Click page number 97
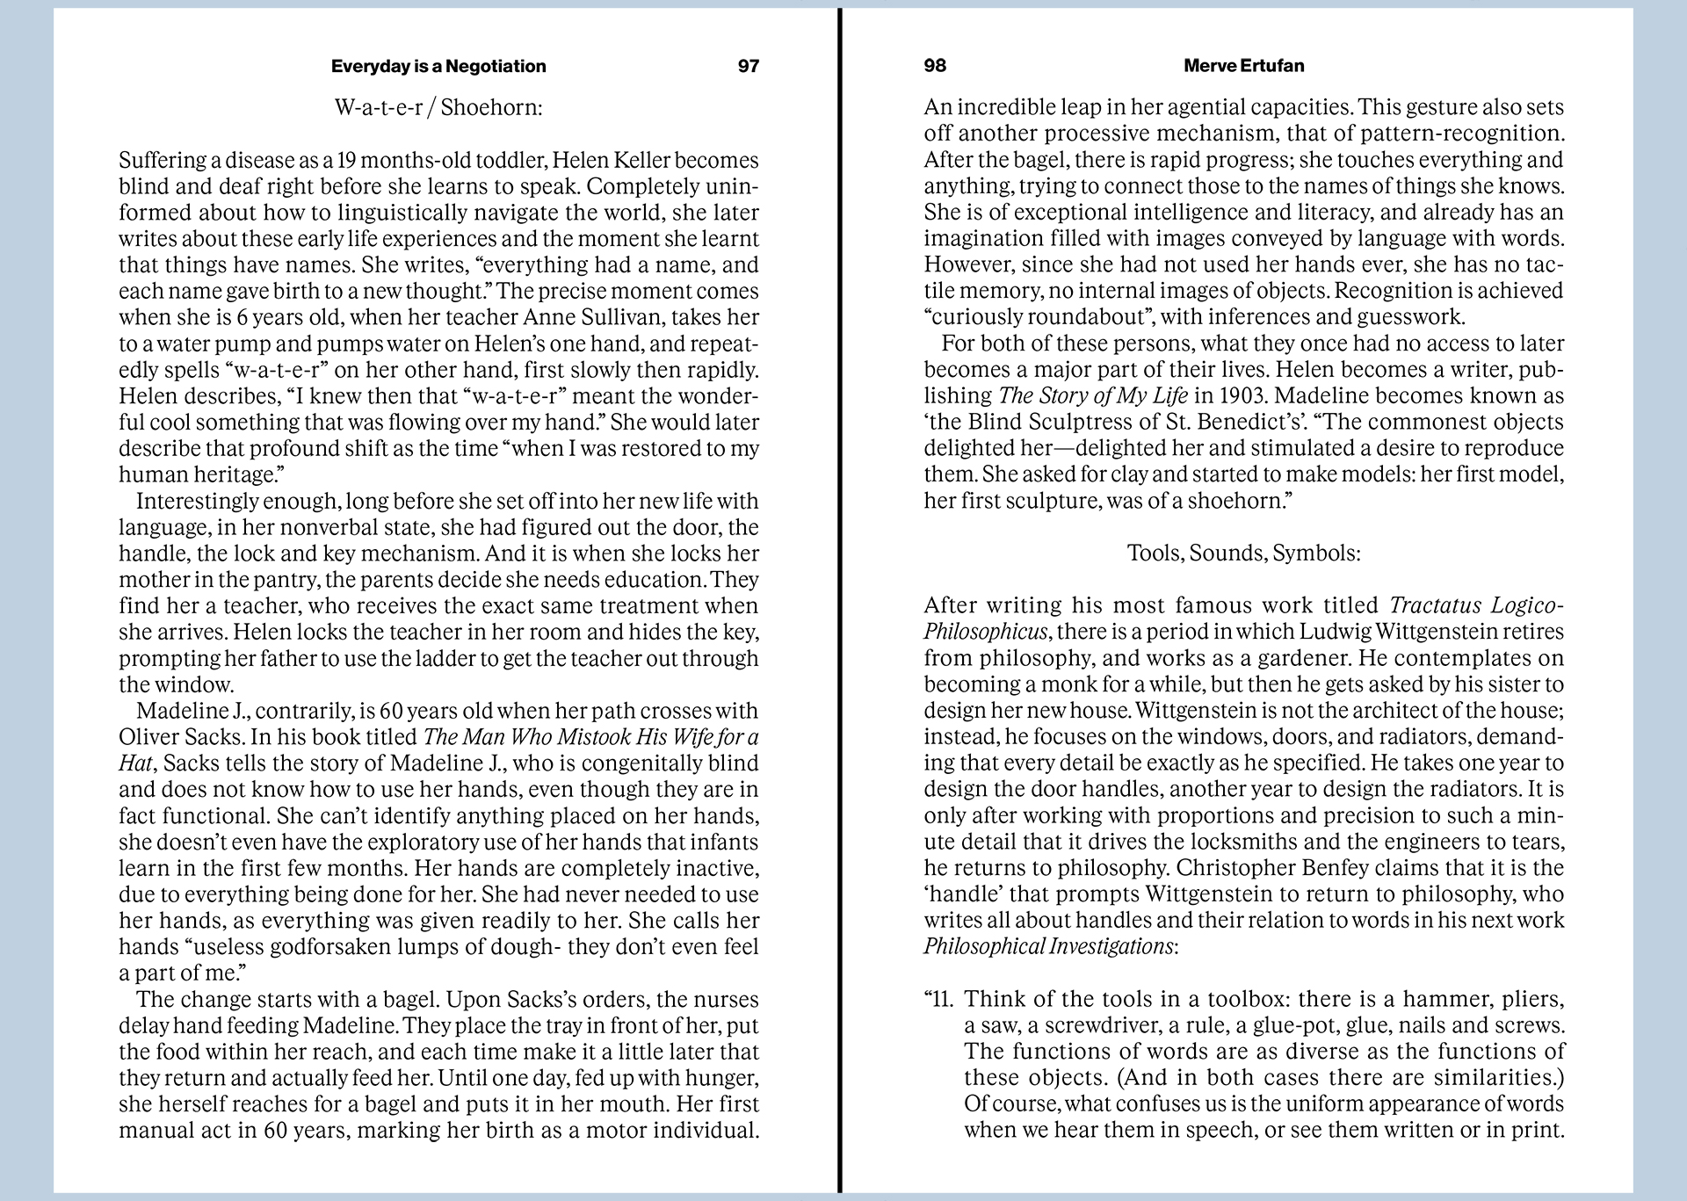point(748,66)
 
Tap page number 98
point(935,66)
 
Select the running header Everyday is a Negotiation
point(438,66)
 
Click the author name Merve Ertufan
point(1243,66)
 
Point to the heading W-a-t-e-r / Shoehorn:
point(438,108)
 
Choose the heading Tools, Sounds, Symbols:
point(1243,553)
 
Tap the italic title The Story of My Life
point(1093,396)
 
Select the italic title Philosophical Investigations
point(1047,947)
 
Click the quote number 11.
point(943,1000)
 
